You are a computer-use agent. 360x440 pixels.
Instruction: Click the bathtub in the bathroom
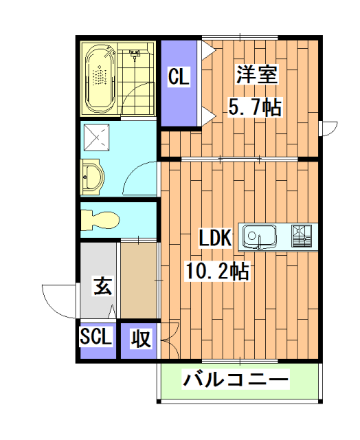(100, 78)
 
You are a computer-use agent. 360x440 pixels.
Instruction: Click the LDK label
(216, 239)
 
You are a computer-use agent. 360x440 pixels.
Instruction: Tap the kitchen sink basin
(260, 237)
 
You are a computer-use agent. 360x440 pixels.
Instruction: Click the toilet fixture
(99, 219)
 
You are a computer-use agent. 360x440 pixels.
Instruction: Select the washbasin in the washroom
(91, 176)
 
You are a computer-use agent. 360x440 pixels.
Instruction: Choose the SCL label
(96, 338)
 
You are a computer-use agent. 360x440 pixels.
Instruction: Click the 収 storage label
(141, 339)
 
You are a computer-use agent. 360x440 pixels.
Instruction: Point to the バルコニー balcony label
(236, 379)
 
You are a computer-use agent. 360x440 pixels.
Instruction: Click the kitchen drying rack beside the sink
(302, 236)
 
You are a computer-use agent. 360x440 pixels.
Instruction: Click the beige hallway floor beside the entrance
(139, 278)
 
